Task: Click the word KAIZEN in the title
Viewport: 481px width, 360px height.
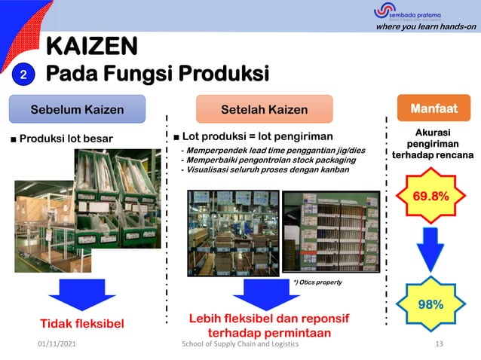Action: (92, 47)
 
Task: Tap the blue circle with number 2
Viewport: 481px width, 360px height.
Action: (23, 75)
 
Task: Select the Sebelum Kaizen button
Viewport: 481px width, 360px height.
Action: (77, 110)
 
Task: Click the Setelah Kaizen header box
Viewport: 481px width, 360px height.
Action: (264, 110)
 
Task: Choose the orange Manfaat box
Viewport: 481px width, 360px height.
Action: (434, 109)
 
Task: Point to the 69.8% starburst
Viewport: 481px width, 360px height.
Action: (430, 197)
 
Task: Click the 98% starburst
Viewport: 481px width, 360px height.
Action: (430, 304)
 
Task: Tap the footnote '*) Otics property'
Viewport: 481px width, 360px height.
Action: (317, 282)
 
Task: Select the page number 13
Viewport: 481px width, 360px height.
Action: (441, 344)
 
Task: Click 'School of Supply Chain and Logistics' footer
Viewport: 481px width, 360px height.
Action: (241, 344)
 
